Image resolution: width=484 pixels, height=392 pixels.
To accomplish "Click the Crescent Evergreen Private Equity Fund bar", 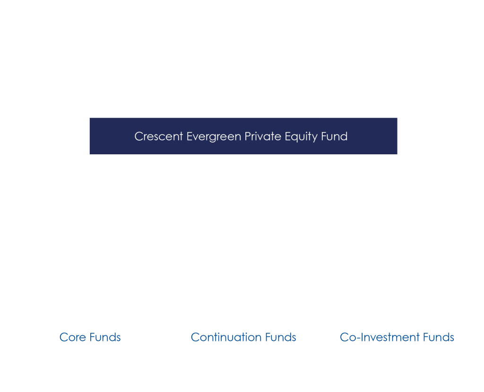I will pos(243,136).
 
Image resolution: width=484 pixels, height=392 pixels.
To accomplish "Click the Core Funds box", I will pos(90,337).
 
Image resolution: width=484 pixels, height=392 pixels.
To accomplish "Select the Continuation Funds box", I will pos(243,337).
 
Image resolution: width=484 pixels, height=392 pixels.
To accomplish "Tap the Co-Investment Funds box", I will pos(397,337).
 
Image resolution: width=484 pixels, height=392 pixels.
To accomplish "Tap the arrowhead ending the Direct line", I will pos(320,114).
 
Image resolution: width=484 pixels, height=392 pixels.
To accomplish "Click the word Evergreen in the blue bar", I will pos(216,136).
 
